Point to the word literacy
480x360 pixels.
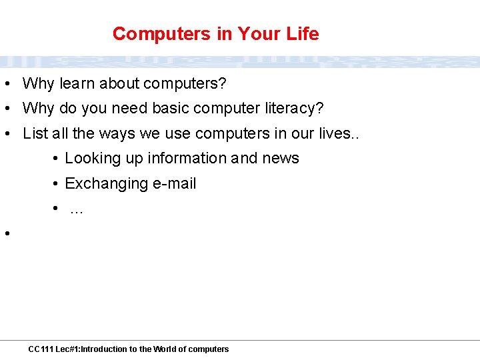coord(295,108)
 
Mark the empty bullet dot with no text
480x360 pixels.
coord(5,233)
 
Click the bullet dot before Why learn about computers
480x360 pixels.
coord(5,85)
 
